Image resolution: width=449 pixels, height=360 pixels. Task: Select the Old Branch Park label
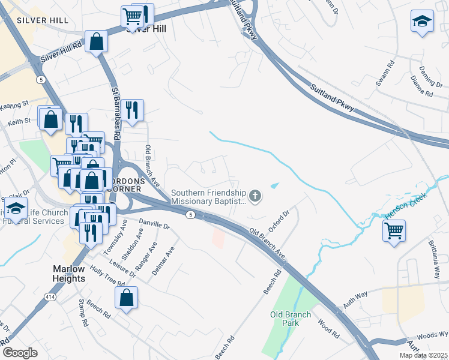pyautogui.click(x=291, y=319)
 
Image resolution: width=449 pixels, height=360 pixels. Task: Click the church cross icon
pyautogui.click(x=256, y=195)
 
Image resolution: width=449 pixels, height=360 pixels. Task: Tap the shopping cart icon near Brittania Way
pyautogui.click(x=394, y=230)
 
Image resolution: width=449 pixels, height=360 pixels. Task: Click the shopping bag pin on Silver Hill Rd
pyautogui.click(x=96, y=42)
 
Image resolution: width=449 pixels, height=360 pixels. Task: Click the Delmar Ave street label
pyautogui.click(x=163, y=262)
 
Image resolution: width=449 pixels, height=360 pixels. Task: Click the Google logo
pyautogui.click(x=20, y=353)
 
